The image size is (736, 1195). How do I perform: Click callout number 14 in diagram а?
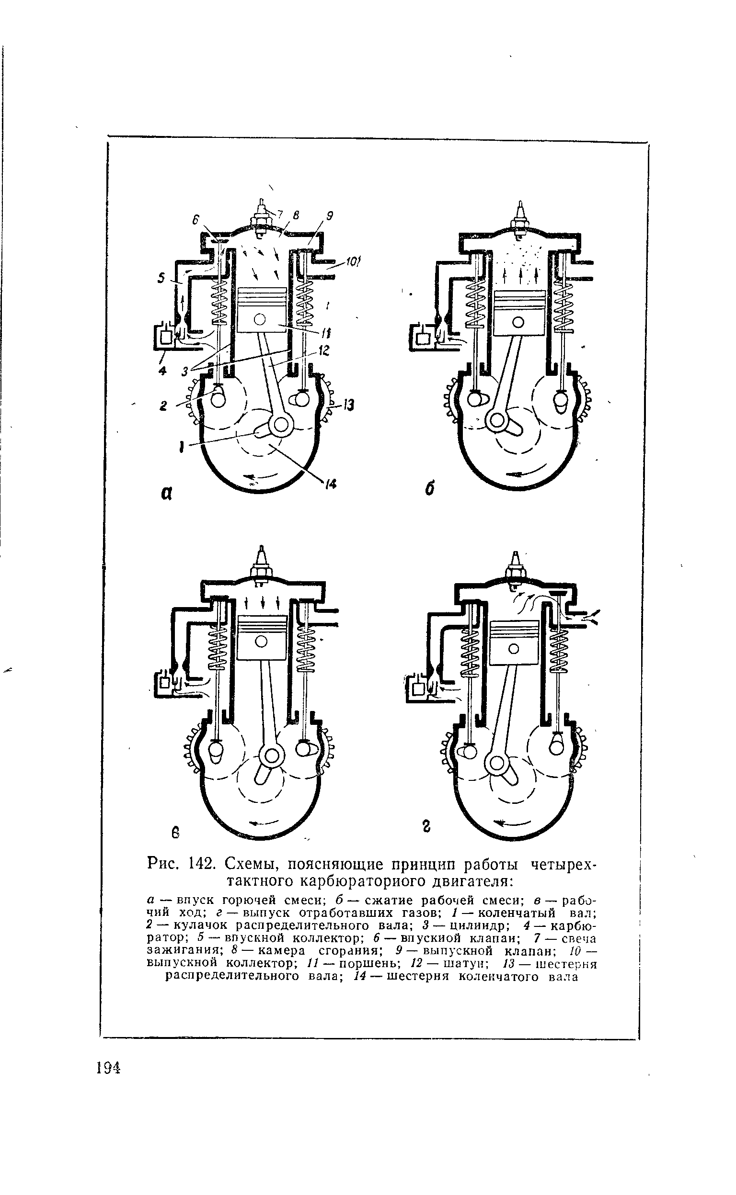coord(332,485)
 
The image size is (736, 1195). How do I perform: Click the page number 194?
coord(109,1068)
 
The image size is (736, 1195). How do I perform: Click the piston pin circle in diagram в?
coord(262,643)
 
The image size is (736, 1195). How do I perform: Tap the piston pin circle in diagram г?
coord(514,649)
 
